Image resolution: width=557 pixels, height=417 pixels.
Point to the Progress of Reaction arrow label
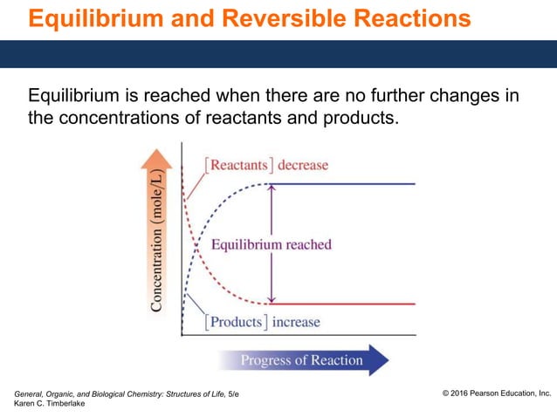click(301, 360)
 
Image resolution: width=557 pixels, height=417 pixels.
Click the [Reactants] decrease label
click(265, 165)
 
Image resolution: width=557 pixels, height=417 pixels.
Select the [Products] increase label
click(262, 322)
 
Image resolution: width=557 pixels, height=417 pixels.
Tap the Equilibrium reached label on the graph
click(272, 244)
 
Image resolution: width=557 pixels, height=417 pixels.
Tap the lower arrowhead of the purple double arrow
click(273, 299)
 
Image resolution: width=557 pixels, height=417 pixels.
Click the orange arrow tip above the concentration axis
click(157, 154)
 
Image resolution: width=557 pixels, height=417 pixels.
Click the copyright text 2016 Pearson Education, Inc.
click(497, 394)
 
